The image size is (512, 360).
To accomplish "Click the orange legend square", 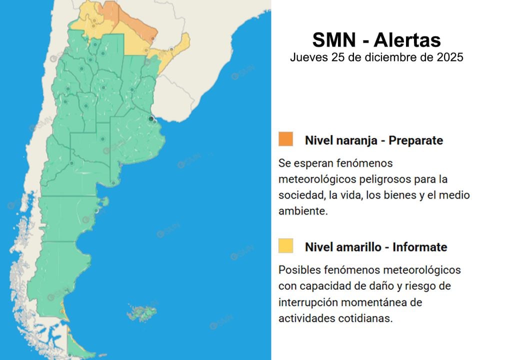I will [x=286, y=139].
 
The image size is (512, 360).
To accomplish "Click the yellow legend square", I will [x=286, y=246].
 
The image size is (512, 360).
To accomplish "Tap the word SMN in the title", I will [x=330, y=40].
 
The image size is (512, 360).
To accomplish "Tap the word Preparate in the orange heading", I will [x=415, y=140].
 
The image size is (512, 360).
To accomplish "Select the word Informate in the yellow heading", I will [x=419, y=247].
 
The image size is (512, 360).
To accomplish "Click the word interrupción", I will [x=309, y=302].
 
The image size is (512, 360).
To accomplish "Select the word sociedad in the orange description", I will [x=299, y=195].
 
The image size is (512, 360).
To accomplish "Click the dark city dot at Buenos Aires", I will [x=150, y=118].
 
